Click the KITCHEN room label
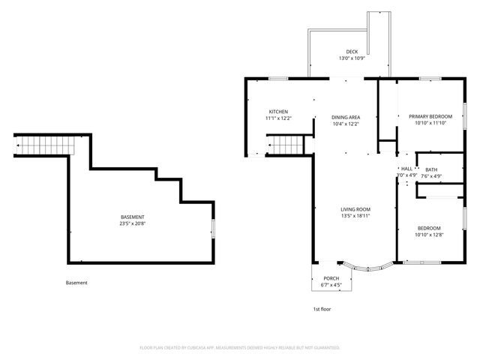point(279,111)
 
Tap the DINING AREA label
point(346,117)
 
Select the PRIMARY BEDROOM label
point(430,116)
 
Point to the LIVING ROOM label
point(355,209)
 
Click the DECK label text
point(352,52)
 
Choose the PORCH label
point(330,278)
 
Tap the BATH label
point(431,170)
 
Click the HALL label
point(406,169)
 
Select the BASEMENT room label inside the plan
point(132,217)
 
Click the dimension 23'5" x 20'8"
point(132,223)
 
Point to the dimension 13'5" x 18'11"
point(355,216)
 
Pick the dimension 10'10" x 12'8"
point(429,235)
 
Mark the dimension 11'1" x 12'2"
point(279,118)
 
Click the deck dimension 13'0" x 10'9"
point(352,58)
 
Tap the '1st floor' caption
point(322,309)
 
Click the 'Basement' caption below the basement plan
point(76,283)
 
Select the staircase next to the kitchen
point(284,144)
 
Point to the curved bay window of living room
point(366,265)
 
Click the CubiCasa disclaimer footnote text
point(240,348)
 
